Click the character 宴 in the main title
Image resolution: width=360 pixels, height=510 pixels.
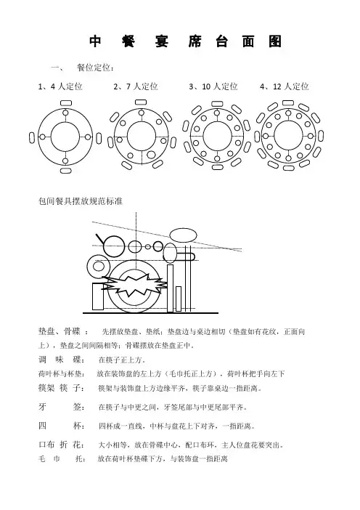(x=161, y=41)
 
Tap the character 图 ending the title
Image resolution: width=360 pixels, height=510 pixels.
(x=275, y=41)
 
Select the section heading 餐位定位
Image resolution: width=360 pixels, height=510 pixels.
(x=95, y=68)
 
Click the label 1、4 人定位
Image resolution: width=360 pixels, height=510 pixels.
(x=60, y=86)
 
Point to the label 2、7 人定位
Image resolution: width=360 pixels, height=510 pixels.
(x=136, y=86)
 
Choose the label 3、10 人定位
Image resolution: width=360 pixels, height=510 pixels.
(x=213, y=86)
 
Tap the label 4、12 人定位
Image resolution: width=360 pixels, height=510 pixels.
(x=285, y=86)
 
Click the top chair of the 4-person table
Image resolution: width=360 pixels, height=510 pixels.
(x=65, y=102)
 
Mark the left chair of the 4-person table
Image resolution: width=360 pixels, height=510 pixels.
(x=32, y=137)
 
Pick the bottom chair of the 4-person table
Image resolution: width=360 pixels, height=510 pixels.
(x=65, y=170)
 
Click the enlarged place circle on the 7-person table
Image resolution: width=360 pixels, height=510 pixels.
(x=151, y=155)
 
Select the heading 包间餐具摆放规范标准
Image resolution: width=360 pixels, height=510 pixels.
(x=81, y=201)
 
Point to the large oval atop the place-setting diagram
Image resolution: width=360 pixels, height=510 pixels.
(x=184, y=235)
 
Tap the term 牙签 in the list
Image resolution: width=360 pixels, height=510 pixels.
(x=61, y=407)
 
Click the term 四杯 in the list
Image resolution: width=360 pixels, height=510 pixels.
(x=61, y=426)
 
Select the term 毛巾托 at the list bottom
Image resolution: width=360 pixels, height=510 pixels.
(x=61, y=459)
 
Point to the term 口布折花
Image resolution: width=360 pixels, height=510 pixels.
(x=61, y=445)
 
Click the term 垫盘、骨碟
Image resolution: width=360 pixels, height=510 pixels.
(x=59, y=331)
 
